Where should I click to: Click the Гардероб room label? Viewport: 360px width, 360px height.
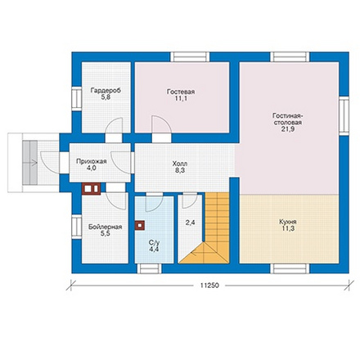(x=106, y=90)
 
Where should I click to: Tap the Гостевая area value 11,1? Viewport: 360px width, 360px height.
(x=181, y=98)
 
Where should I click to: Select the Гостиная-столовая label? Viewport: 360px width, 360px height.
(x=288, y=119)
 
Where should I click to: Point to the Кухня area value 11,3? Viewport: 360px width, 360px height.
(x=288, y=228)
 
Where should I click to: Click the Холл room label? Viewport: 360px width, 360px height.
(x=180, y=164)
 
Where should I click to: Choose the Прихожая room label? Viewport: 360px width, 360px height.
(x=92, y=161)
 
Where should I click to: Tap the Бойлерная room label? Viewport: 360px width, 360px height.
(x=105, y=227)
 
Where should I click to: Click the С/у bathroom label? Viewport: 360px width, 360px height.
(x=154, y=242)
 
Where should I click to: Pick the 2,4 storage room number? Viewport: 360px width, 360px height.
(x=190, y=223)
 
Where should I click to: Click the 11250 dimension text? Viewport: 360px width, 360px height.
(x=209, y=286)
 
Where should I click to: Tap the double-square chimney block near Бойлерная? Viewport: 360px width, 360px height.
(x=92, y=188)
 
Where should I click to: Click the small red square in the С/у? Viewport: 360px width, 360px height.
(x=140, y=226)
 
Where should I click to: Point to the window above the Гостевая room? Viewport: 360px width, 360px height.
(x=190, y=57)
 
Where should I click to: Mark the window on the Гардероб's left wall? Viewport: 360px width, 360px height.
(x=77, y=99)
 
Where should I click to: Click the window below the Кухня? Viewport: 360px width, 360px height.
(x=290, y=268)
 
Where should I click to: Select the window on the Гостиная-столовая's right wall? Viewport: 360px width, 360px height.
(x=344, y=115)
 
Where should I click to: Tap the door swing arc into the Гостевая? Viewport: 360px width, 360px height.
(x=162, y=124)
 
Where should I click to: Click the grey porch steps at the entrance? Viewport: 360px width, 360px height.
(x=29, y=163)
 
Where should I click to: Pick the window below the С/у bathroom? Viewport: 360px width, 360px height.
(x=149, y=268)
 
